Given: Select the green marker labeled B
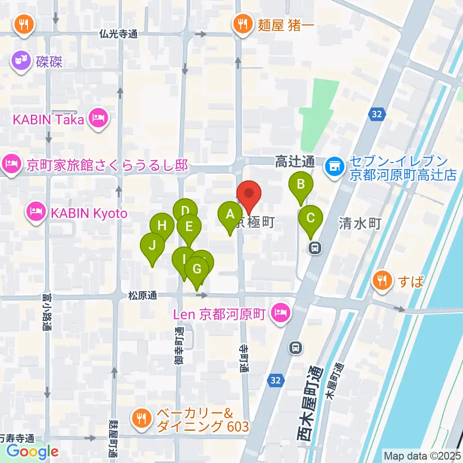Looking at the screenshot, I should pos(301,185).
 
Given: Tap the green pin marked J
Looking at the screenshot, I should pos(152,246).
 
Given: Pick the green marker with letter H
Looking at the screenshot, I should pos(162,226).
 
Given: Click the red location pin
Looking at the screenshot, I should pos(249,194).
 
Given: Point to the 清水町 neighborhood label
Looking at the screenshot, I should pos(360,223).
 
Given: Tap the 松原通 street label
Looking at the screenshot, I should pos(143,295).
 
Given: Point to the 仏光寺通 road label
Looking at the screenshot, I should pos(119,34).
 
